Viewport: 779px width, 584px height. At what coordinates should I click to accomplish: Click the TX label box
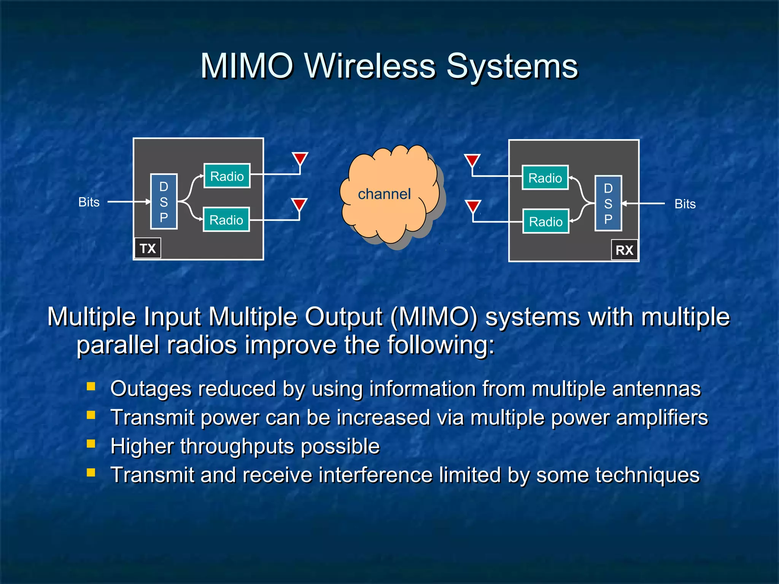point(148,248)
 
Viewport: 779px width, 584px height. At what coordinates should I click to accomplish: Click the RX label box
point(624,250)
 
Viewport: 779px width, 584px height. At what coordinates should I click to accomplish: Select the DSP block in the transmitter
point(164,202)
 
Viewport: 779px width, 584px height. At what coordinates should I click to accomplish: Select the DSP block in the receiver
point(608,203)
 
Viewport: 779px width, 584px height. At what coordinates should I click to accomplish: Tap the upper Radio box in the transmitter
point(227,176)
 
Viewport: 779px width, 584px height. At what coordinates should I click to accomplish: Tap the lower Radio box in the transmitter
point(226,220)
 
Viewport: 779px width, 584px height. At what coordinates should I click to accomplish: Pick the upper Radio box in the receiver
point(545,178)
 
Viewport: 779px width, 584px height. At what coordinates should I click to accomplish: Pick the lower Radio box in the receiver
point(545,221)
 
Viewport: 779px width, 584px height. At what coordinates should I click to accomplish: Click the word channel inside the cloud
point(384,194)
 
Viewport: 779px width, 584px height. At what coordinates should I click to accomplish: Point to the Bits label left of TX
point(89,202)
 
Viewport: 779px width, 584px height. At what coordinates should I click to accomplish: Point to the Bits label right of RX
point(685,204)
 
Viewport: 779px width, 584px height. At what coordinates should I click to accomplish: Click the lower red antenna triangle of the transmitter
point(299,204)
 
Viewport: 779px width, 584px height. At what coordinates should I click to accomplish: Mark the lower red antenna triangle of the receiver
point(473,206)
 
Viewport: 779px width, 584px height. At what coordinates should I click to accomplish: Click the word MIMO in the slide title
point(247,66)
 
